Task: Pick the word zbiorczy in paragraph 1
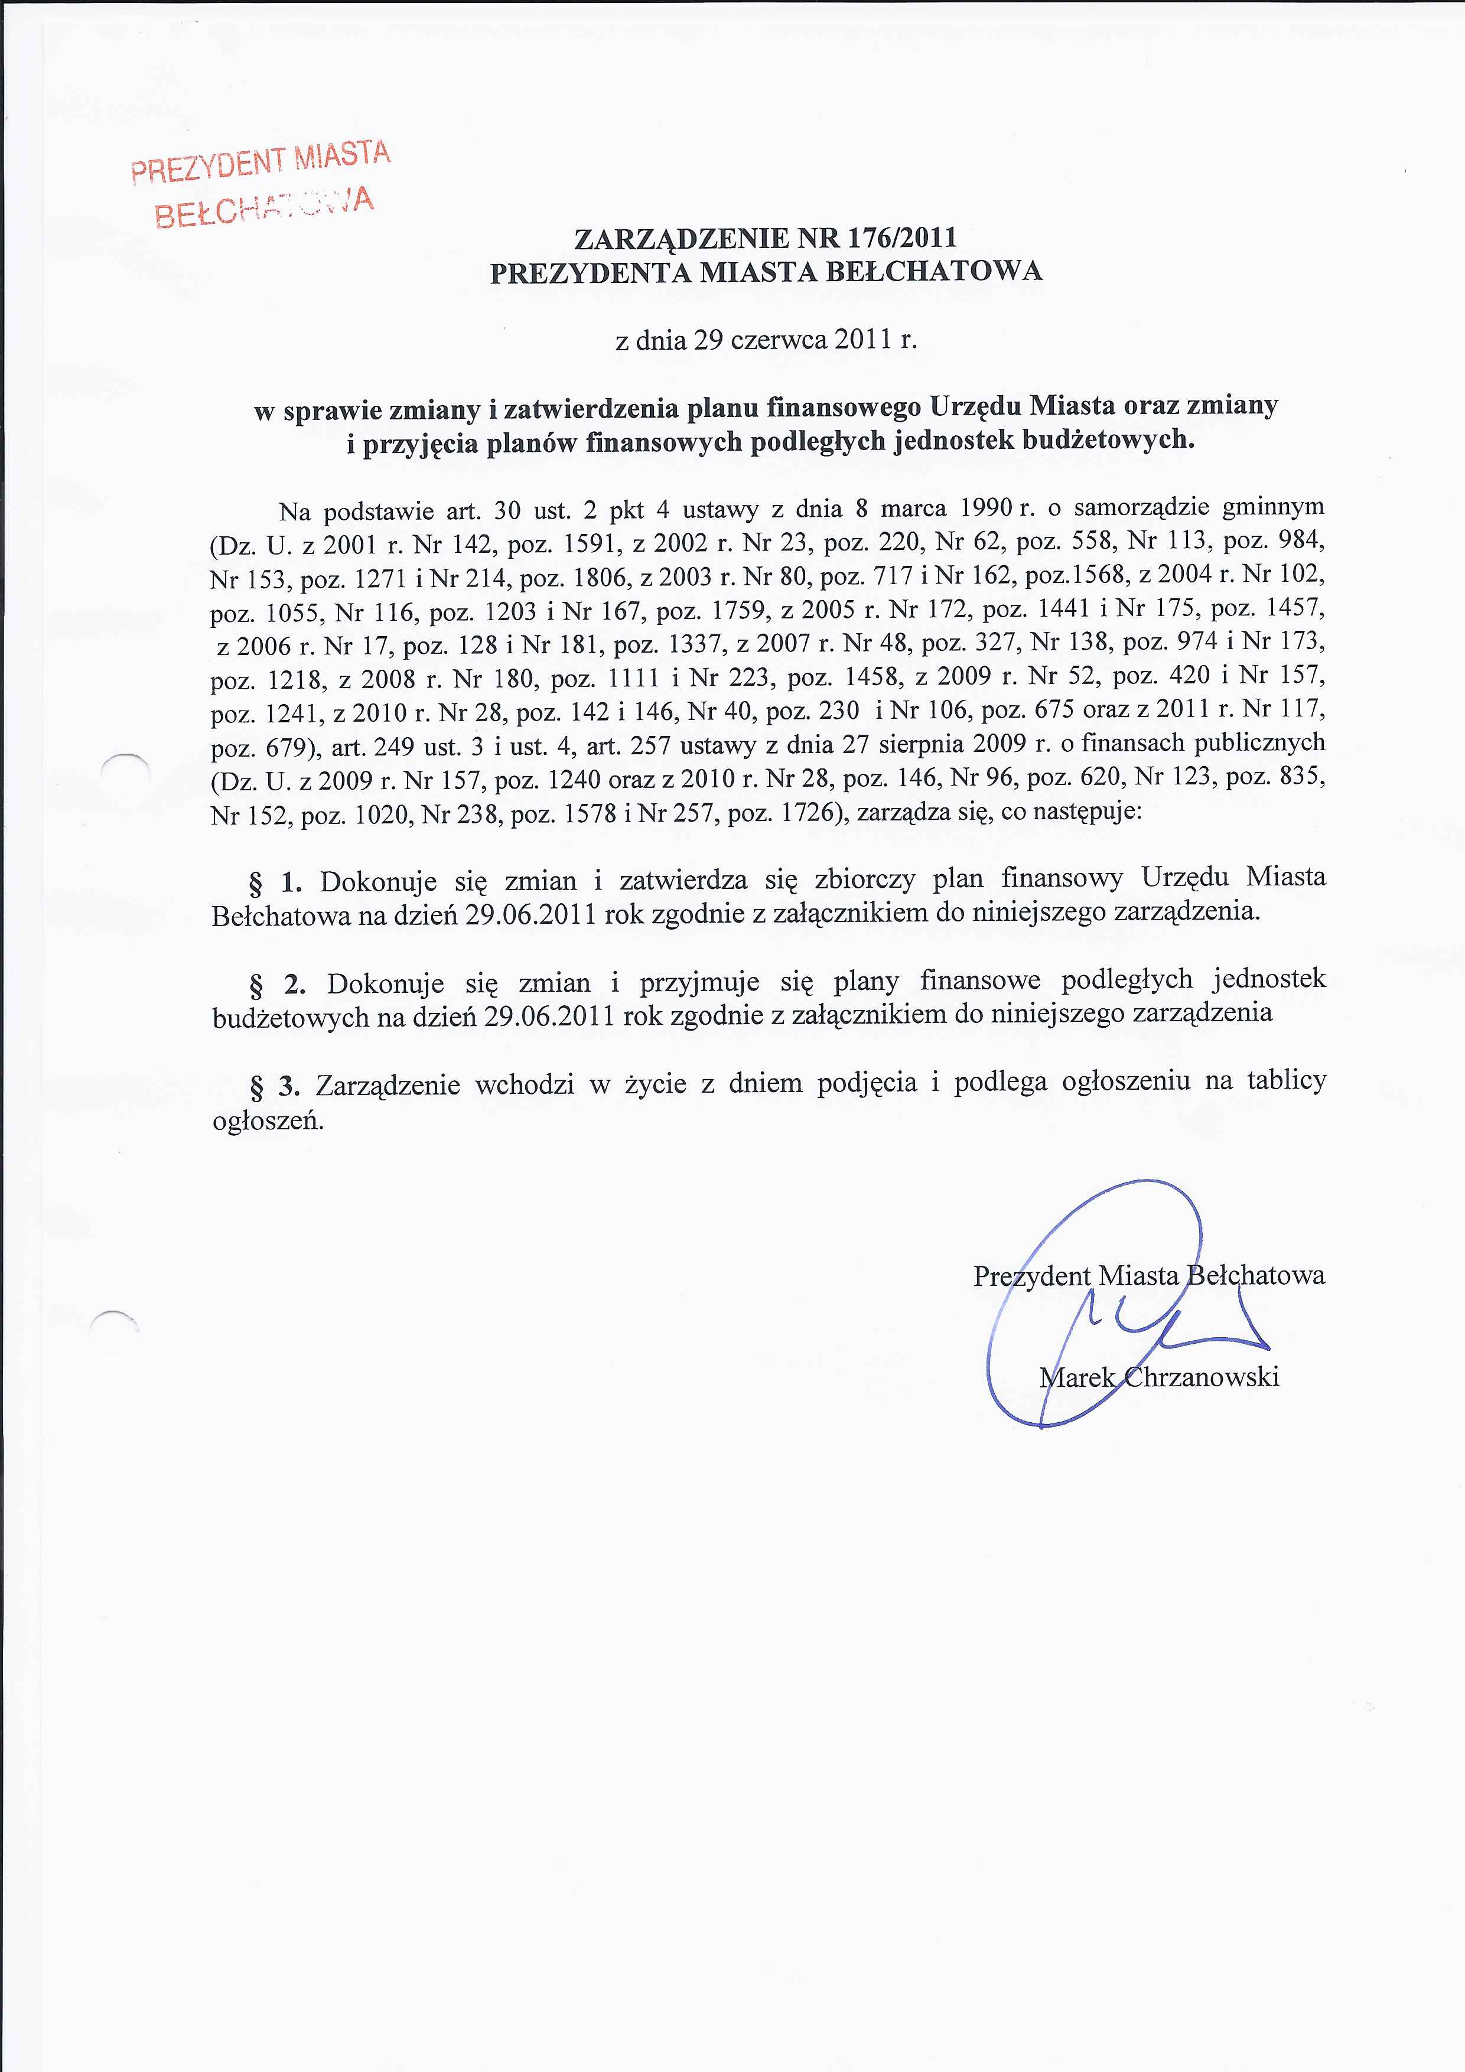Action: click(x=865, y=879)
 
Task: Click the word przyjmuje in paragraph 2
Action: click(x=694, y=982)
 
